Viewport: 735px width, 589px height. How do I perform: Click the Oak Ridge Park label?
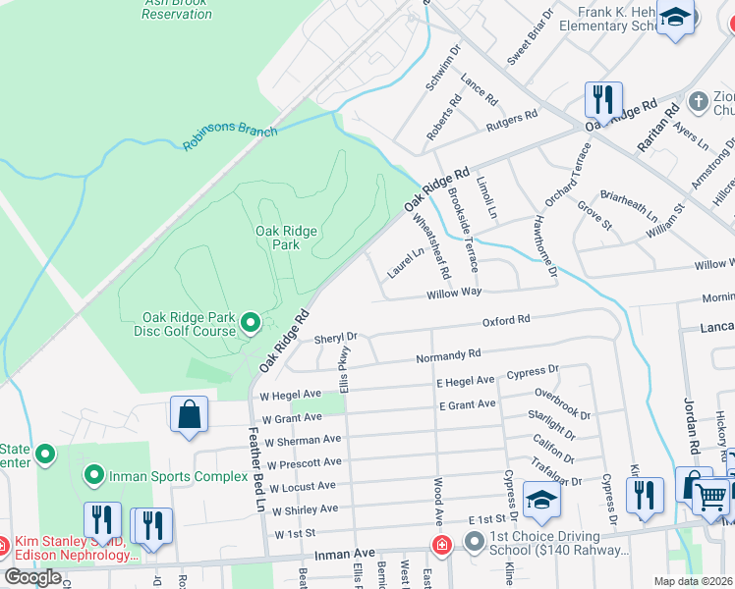(x=286, y=238)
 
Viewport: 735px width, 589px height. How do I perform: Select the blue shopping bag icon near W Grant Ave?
(x=189, y=414)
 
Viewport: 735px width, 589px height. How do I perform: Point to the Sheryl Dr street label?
(x=335, y=339)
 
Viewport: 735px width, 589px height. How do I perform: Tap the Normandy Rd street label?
(x=448, y=355)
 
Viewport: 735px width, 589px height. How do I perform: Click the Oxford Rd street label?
(x=506, y=320)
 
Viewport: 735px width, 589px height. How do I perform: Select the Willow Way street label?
(x=453, y=293)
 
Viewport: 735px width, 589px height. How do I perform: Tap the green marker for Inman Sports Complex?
(x=94, y=477)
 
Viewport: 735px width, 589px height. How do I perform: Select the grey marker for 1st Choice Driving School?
(x=475, y=541)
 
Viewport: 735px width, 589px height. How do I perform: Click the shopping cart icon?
(x=712, y=497)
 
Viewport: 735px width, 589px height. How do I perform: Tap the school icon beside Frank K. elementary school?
(x=675, y=20)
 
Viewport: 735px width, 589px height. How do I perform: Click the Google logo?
(x=32, y=577)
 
